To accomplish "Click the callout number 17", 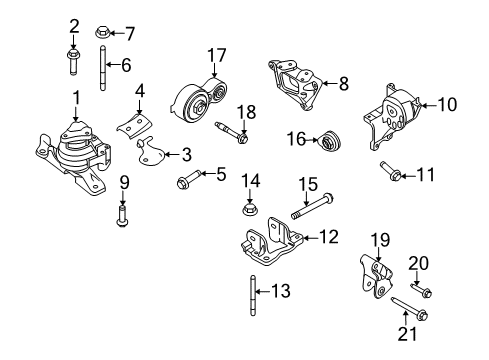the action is coord(217,56).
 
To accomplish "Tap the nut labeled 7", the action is coord(101,32).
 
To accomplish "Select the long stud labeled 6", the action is coord(103,68).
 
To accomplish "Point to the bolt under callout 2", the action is coord(73,62).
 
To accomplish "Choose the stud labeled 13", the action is coord(253,295).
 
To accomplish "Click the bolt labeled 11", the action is coord(390,170).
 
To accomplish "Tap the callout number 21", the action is coord(407,334).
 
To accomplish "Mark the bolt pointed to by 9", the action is coord(122,217).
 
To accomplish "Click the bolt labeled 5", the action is coord(189,179).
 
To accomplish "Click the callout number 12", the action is coord(329,237).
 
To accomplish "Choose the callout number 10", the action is coord(447,104).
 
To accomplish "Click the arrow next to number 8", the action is coord(330,83).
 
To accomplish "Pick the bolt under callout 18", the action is coord(232,132).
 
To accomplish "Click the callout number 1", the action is coord(77,98).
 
